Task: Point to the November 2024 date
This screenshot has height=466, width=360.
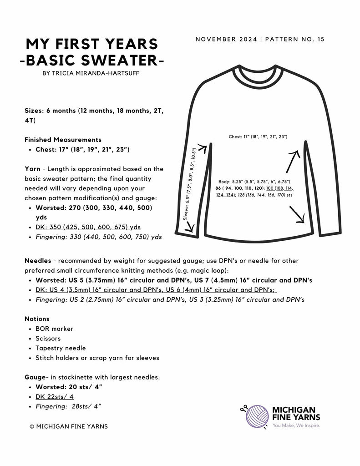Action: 226,39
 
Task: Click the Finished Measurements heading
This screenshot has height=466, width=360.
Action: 63,140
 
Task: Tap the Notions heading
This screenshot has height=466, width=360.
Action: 37,319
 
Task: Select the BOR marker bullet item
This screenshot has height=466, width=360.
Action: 54,329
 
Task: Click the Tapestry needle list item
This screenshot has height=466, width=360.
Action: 60,348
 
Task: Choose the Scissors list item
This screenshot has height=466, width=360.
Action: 48,339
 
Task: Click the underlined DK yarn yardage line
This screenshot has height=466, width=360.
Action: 88,227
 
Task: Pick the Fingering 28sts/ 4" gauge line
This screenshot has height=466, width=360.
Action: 68,406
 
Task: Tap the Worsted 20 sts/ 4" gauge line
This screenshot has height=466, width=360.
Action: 69,387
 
